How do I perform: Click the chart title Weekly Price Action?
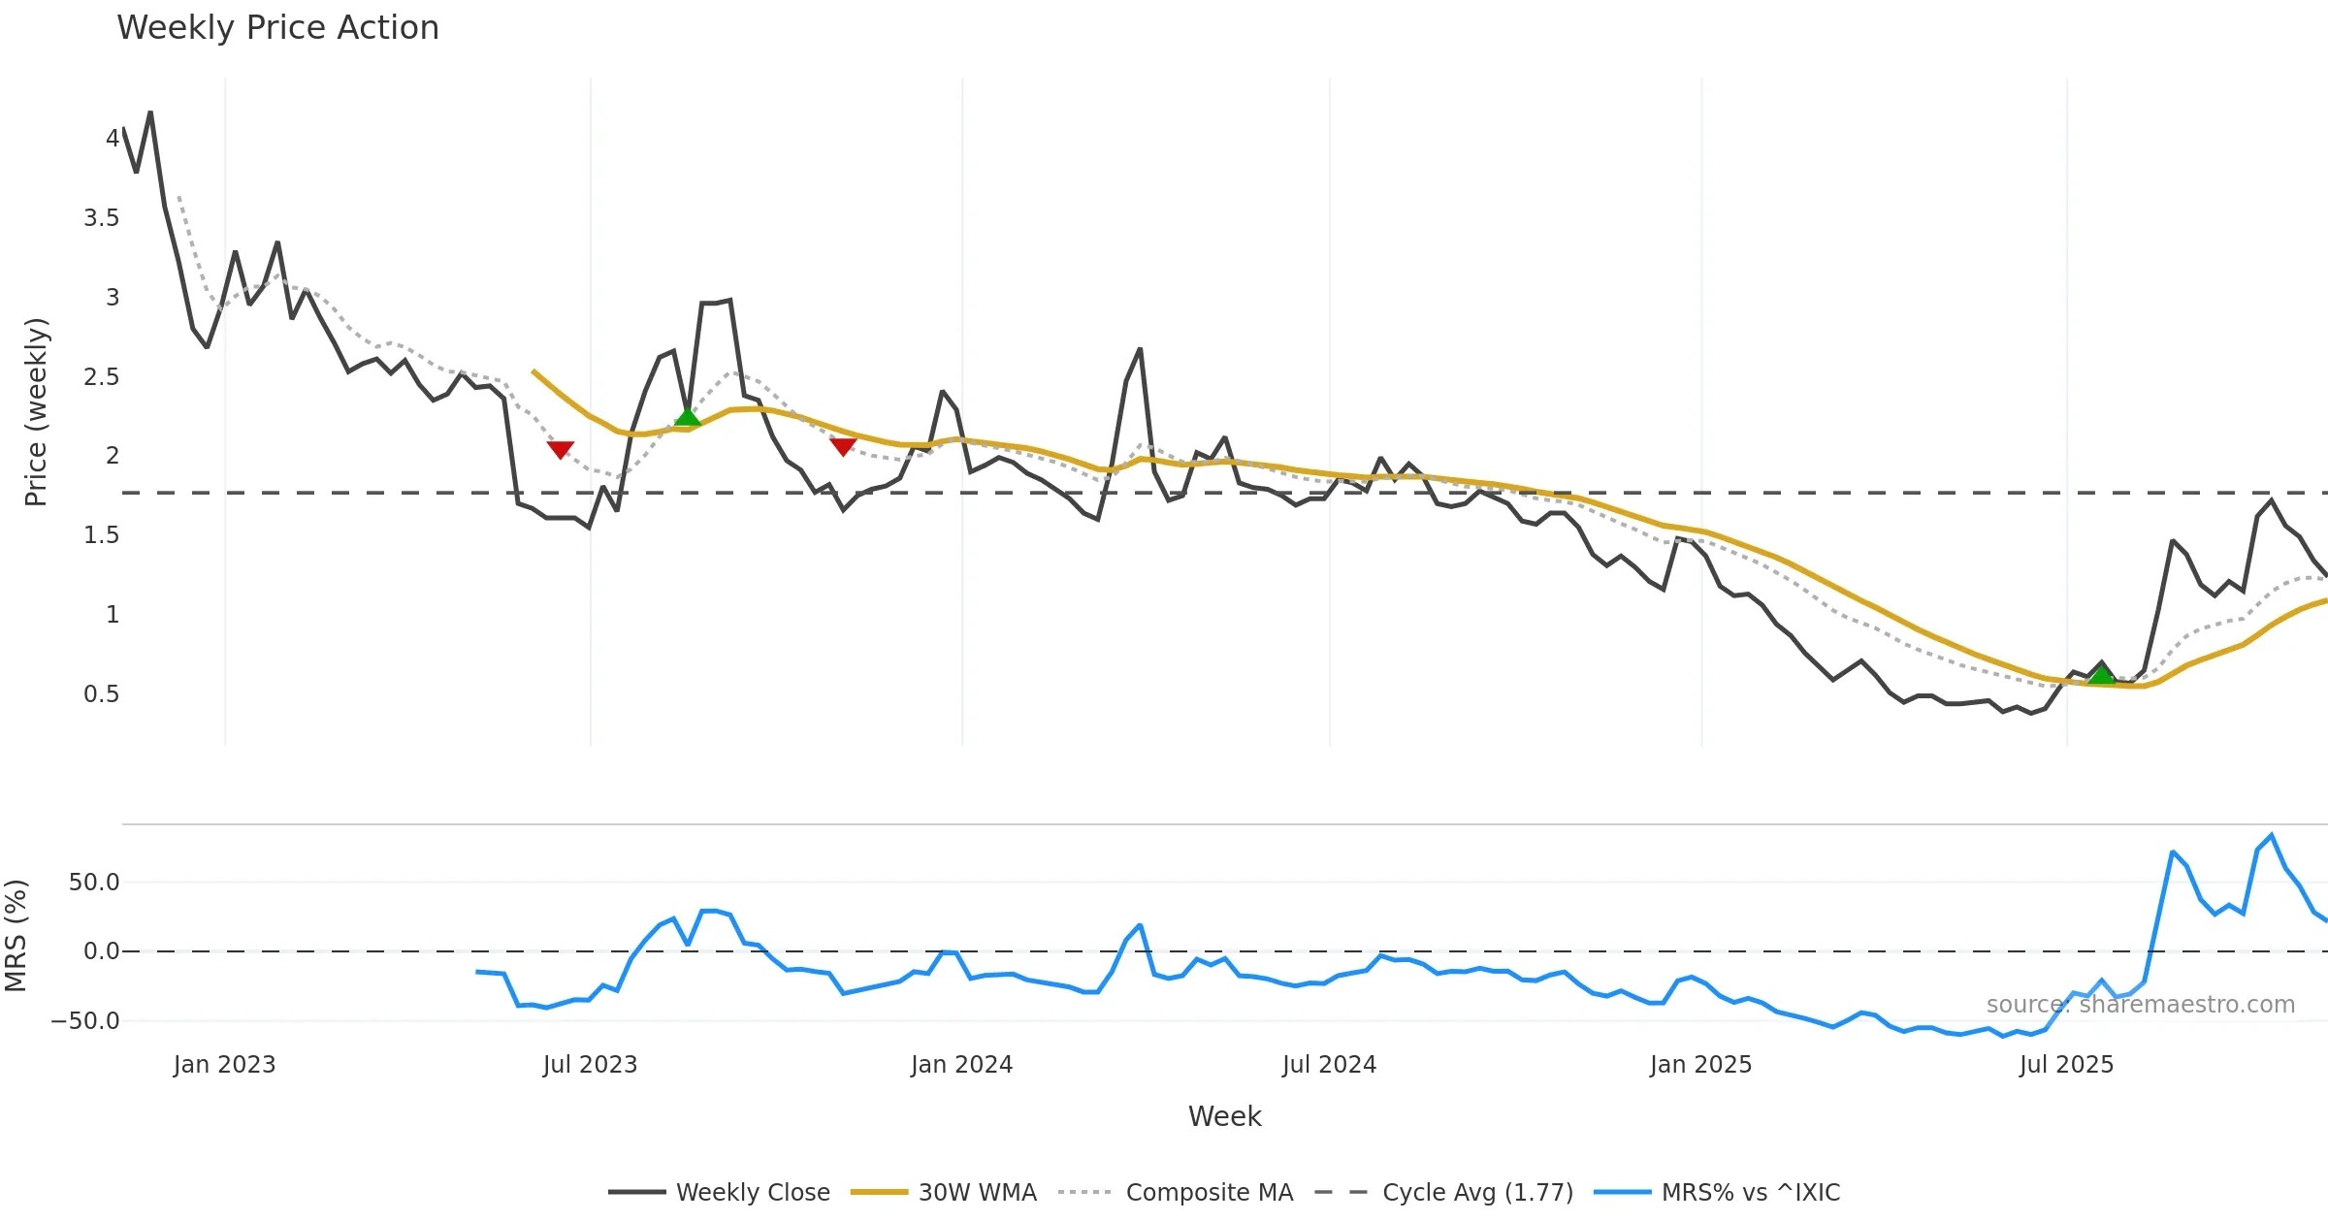277,28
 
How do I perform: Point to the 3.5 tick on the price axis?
102,218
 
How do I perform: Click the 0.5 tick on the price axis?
102,694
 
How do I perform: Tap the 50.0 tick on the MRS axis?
94,883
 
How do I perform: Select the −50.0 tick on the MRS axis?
85,1021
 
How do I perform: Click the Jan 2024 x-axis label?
961,1065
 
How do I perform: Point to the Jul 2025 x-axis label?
2066,1065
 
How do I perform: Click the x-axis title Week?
1224,1117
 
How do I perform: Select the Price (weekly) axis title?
36,412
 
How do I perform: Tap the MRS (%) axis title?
16,936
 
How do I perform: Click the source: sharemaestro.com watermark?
2140,1005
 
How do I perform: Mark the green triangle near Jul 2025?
2101,675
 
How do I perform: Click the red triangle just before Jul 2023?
561,449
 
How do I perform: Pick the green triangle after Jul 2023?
687,417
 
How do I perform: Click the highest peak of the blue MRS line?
2271,835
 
